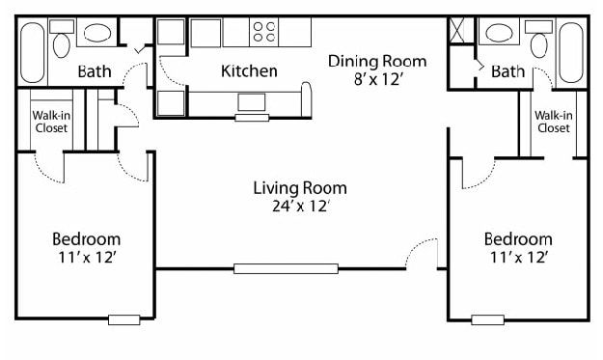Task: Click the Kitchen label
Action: pyautogui.click(x=249, y=70)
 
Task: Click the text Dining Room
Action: pyautogui.click(x=376, y=61)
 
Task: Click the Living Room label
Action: pyautogui.click(x=300, y=188)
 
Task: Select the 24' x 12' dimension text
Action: pyautogui.click(x=300, y=206)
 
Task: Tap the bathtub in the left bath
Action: pyautogui.click(x=32, y=53)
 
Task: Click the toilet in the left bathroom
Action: pyautogui.click(x=63, y=42)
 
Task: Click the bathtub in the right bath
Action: pyautogui.click(x=571, y=53)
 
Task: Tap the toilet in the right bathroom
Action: pyautogui.click(x=539, y=42)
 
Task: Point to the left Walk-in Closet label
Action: pyautogui.click(x=50, y=123)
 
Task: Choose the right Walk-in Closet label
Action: pyautogui.click(x=554, y=123)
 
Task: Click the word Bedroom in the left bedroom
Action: pyautogui.click(x=86, y=239)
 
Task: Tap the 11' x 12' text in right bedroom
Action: pyautogui.click(x=518, y=257)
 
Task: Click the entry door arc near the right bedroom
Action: pyautogui.click(x=421, y=256)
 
